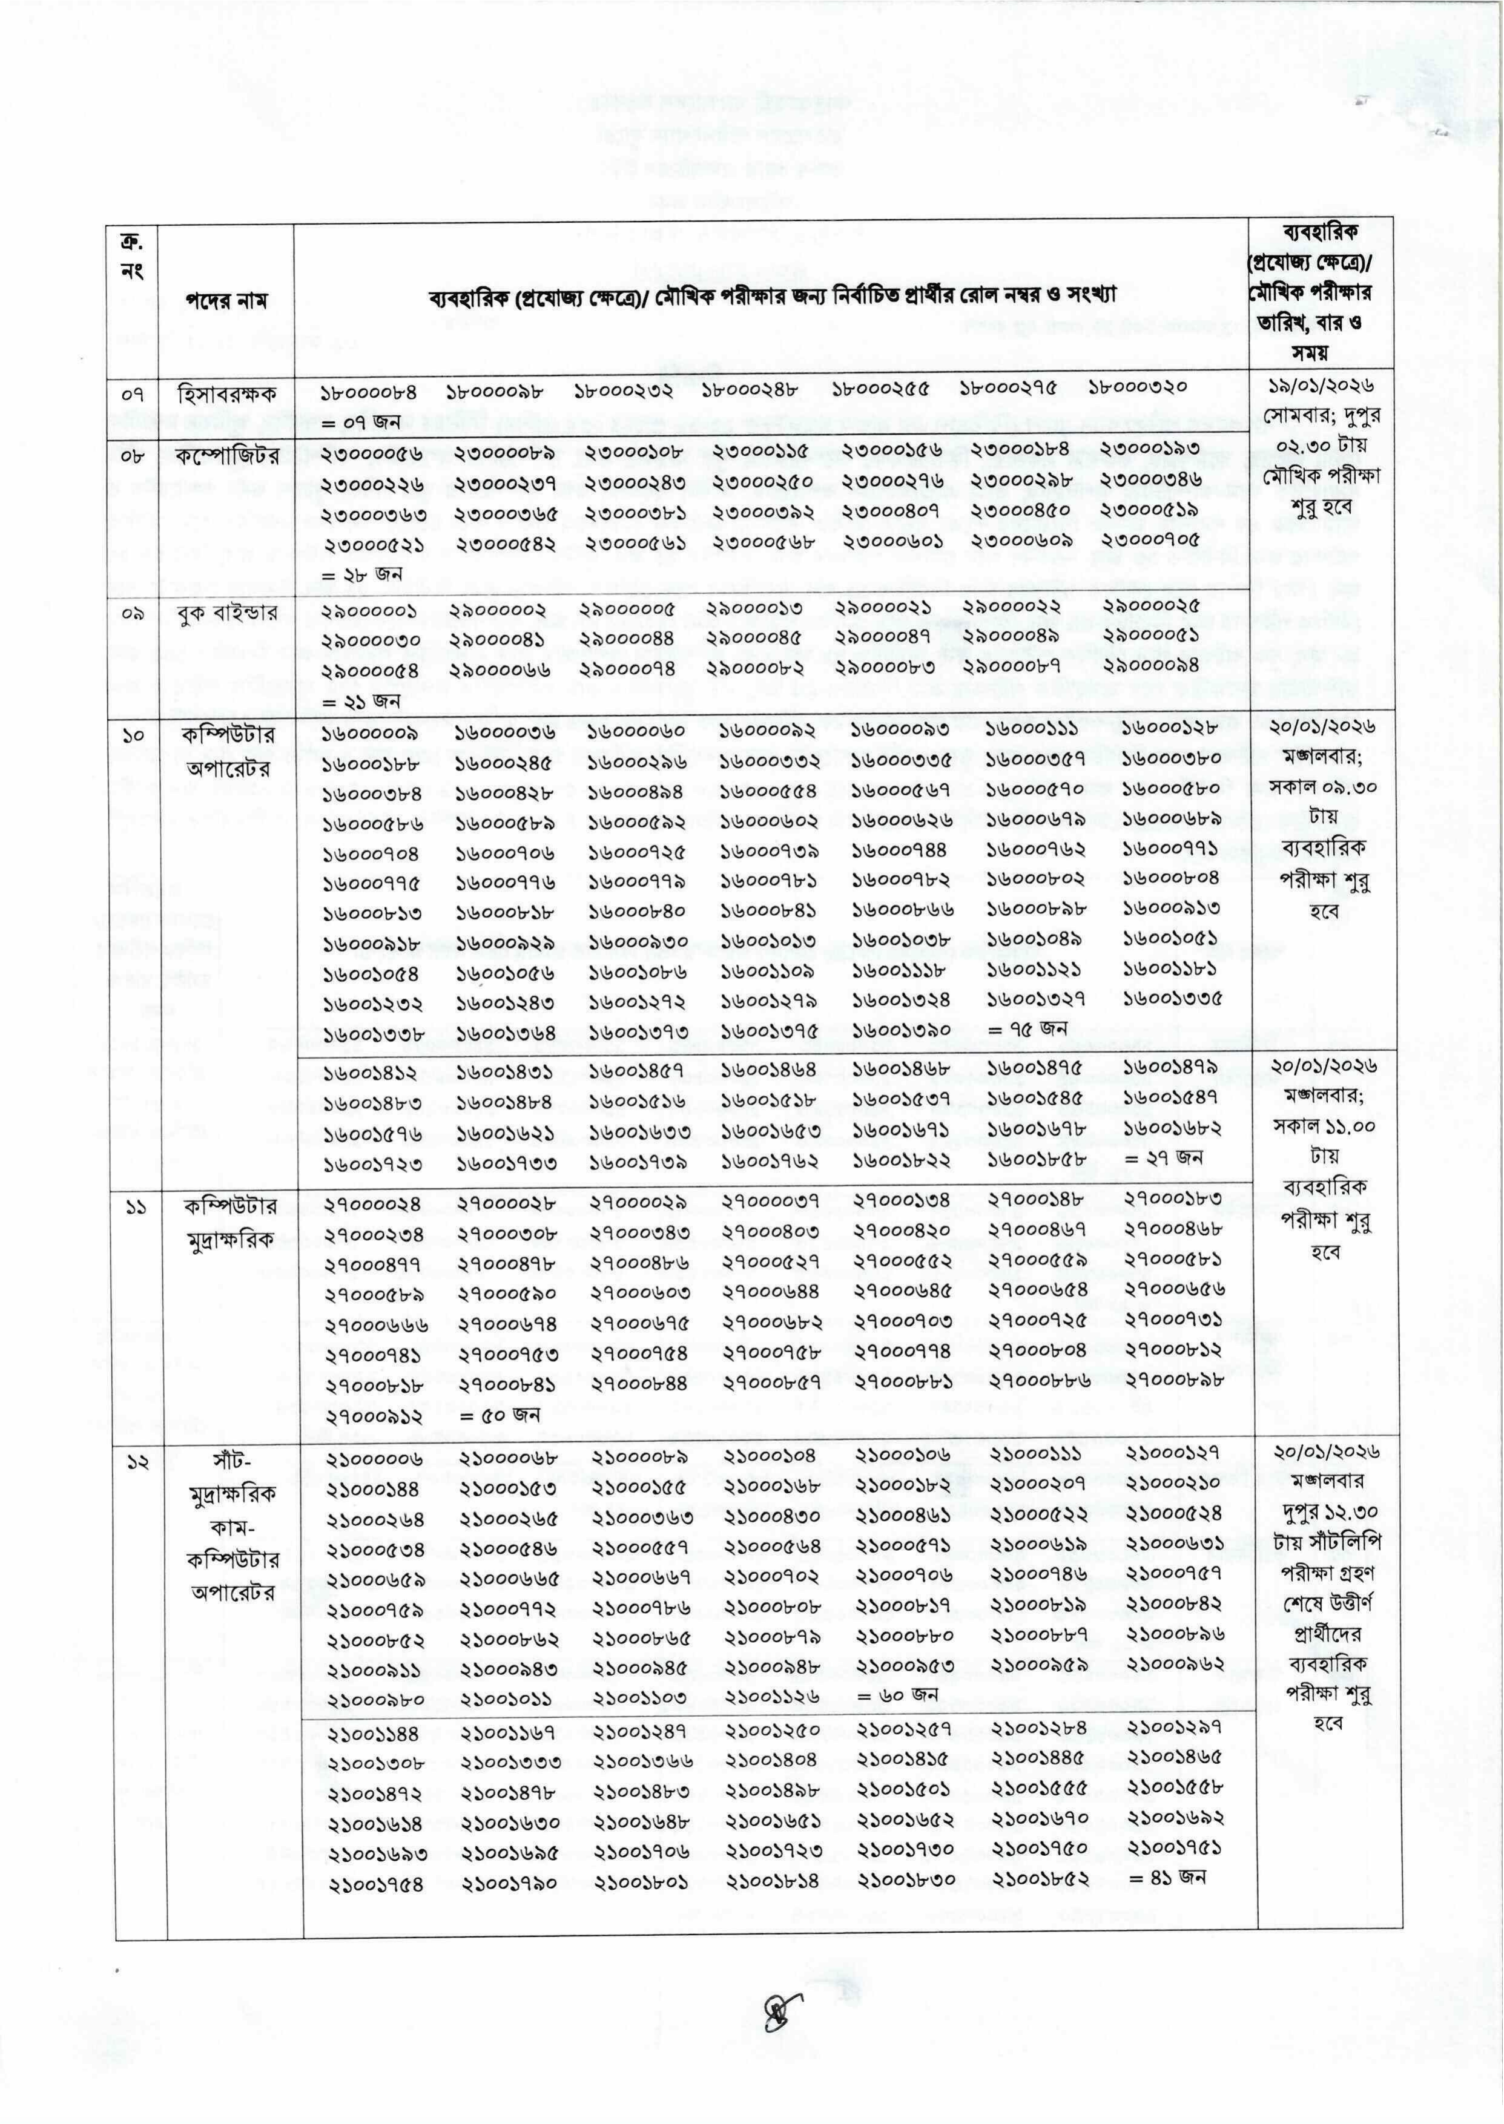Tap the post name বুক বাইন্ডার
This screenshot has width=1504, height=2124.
pyautogui.click(x=228, y=613)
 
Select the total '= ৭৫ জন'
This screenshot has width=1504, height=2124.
pyautogui.click(x=1027, y=1028)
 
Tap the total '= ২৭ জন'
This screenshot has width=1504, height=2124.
pyautogui.click(x=1163, y=1157)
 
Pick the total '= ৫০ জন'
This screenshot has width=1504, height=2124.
pyautogui.click(x=500, y=1415)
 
